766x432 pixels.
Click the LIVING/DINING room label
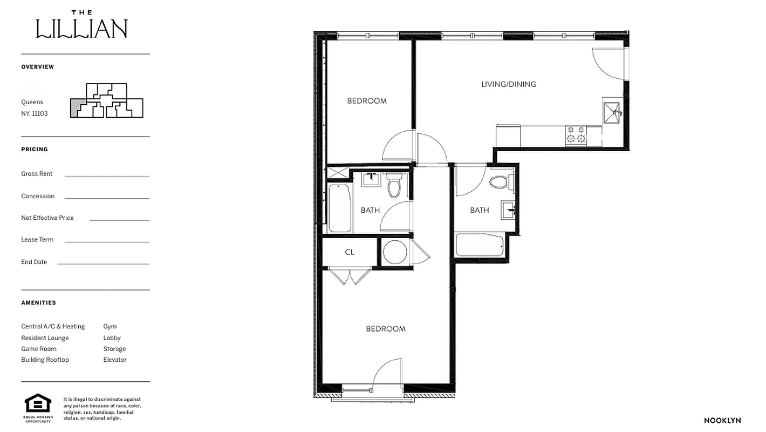click(x=508, y=84)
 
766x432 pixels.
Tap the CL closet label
click(x=350, y=252)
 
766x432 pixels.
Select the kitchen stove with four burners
click(x=576, y=134)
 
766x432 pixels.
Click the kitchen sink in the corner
click(x=612, y=112)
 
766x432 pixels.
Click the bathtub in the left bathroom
click(x=339, y=208)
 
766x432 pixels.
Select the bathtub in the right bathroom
click(x=480, y=245)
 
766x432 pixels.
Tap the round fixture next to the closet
click(x=395, y=252)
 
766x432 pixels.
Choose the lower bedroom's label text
click(x=385, y=329)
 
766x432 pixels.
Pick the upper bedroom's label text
click(x=367, y=101)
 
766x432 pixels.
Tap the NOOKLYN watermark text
click(x=722, y=421)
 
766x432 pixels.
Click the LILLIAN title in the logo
click(x=81, y=29)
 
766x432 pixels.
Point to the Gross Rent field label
click(x=37, y=174)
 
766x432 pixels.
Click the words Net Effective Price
click(x=47, y=218)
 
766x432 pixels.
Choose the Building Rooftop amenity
click(x=45, y=360)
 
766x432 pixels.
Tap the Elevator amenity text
click(x=115, y=360)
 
